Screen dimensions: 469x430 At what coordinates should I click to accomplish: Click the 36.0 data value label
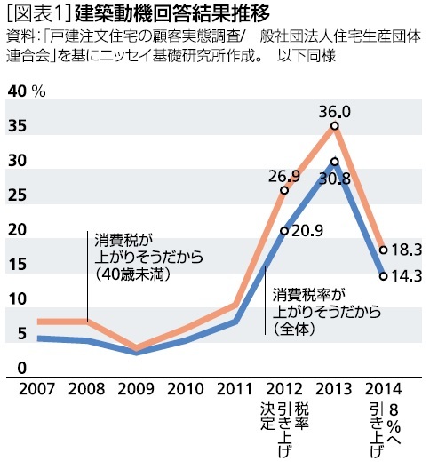[x=334, y=111]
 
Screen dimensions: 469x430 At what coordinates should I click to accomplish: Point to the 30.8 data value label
[x=334, y=178]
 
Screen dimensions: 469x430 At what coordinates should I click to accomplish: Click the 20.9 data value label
[x=306, y=231]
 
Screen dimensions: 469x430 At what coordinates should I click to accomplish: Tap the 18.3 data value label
[x=404, y=250]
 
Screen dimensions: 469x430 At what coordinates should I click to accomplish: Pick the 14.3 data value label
[x=404, y=276]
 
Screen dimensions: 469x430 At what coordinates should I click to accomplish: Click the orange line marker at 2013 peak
[x=334, y=126]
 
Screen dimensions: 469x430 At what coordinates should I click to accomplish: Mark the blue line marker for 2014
[x=384, y=275]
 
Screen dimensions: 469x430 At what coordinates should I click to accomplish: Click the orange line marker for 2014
[x=384, y=250]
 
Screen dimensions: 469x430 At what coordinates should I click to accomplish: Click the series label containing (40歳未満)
[x=147, y=258]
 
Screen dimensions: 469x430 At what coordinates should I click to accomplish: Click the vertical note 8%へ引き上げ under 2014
[x=384, y=428]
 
